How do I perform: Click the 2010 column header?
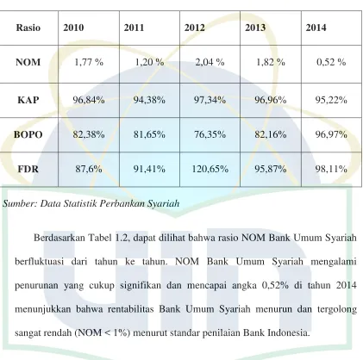73,28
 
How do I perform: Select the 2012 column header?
195,28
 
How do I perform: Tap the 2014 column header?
316,28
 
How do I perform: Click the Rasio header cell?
28,28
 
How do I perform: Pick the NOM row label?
28,62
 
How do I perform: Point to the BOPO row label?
28,134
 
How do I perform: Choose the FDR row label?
28,169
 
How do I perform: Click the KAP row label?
28,100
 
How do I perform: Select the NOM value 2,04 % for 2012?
210,62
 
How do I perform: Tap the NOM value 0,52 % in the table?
331,62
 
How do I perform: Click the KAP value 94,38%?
149,100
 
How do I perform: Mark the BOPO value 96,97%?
331,134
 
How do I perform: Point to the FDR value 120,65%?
210,169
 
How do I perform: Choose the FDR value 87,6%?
89,169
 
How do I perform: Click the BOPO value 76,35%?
210,134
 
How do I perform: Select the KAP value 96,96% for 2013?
271,100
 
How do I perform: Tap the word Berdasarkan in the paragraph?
58,238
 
